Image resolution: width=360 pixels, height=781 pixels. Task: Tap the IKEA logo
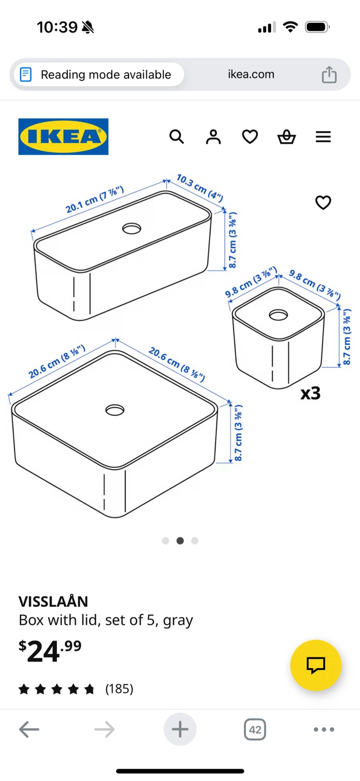click(x=63, y=136)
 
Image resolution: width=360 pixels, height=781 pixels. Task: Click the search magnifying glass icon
click(x=177, y=137)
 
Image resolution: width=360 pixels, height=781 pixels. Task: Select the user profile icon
click(x=213, y=137)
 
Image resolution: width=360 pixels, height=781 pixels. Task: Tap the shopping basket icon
click(x=286, y=137)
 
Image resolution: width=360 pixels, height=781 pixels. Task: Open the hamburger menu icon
click(x=323, y=137)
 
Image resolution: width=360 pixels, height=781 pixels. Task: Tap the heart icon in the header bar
click(x=250, y=137)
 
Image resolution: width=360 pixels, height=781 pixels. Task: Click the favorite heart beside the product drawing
click(x=323, y=203)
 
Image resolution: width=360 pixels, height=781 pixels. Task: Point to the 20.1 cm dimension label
click(x=95, y=200)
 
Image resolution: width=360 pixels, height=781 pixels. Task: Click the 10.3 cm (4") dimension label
click(x=200, y=188)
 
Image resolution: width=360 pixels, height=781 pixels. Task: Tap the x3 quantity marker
click(x=311, y=393)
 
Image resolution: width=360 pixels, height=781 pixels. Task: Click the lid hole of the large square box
click(x=115, y=410)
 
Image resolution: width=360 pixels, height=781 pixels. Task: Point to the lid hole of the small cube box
click(x=278, y=315)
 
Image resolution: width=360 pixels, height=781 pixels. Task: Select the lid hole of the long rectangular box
click(x=132, y=229)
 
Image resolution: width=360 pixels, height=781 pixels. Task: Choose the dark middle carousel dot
click(x=180, y=541)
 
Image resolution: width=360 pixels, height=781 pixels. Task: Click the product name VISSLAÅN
click(x=53, y=601)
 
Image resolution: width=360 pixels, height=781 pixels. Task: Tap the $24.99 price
click(x=50, y=651)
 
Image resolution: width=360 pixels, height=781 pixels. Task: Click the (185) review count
click(x=119, y=689)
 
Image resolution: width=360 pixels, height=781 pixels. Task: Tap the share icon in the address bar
click(x=329, y=74)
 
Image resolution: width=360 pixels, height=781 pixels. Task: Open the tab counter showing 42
click(x=255, y=729)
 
